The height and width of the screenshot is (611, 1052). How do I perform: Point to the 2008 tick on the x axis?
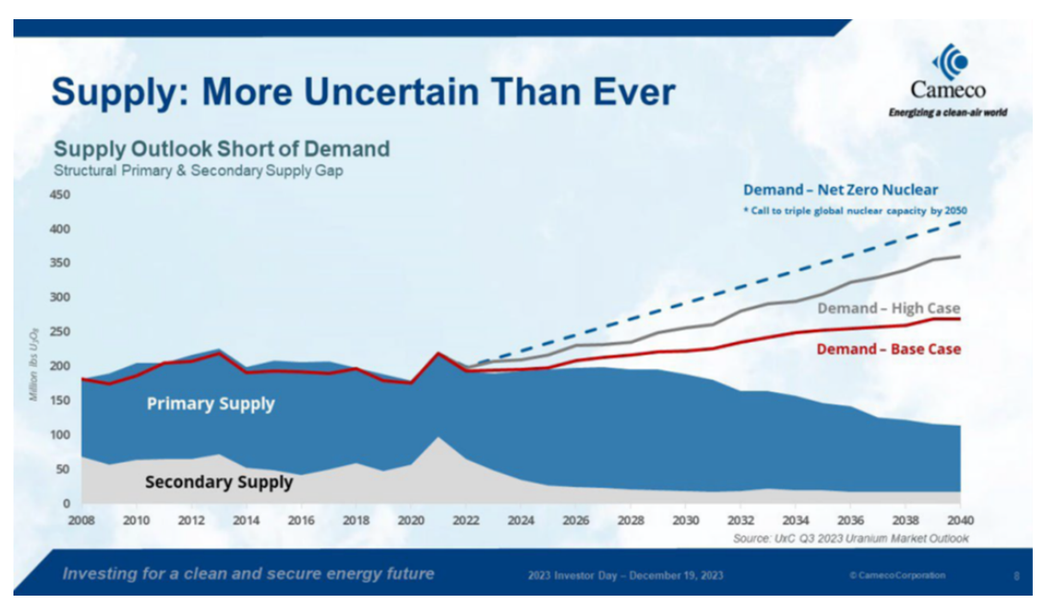click(82, 520)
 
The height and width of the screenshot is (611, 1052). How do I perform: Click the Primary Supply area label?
click(210, 403)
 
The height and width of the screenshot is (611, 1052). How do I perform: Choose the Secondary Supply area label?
click(219, 481)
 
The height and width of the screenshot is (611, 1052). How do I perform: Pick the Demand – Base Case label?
click(888, 349)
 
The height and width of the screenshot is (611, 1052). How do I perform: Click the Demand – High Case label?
click(889, 308)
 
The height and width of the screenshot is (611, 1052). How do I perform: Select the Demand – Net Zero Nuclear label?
click(841, 190)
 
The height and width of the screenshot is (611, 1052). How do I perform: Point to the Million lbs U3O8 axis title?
click(34, 366)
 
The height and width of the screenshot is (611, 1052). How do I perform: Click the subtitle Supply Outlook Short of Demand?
click(222, 149)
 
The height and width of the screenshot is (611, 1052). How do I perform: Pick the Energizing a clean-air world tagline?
click(947, 112)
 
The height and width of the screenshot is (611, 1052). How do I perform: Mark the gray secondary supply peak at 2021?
click(438, 438)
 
